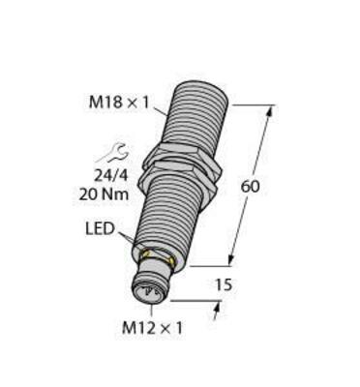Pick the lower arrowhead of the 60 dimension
(x=232, y=259)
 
